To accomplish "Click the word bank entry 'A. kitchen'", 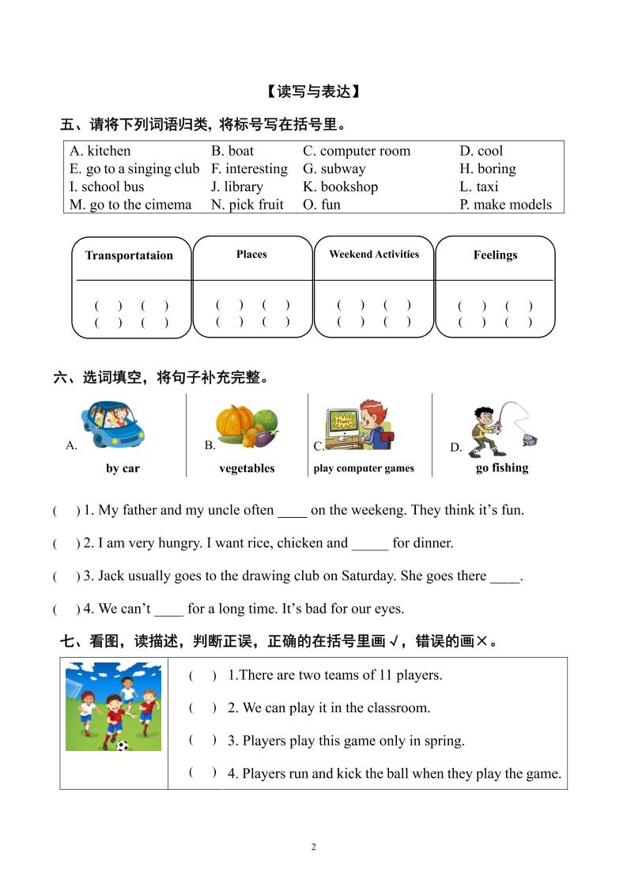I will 100,151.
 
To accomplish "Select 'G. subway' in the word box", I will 334,168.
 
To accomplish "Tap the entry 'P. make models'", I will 506,205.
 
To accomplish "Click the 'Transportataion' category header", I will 129,255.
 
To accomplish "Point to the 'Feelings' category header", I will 495,255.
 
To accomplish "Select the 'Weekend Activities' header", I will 374,254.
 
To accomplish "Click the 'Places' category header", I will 251,254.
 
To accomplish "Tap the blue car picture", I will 113,425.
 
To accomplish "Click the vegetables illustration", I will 246,428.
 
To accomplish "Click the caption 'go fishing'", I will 502,467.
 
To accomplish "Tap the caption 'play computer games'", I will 364,468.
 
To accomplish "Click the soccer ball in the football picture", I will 122,745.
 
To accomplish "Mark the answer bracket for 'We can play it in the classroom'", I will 202,708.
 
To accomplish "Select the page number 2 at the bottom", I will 314,847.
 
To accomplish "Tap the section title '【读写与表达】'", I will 313,92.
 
